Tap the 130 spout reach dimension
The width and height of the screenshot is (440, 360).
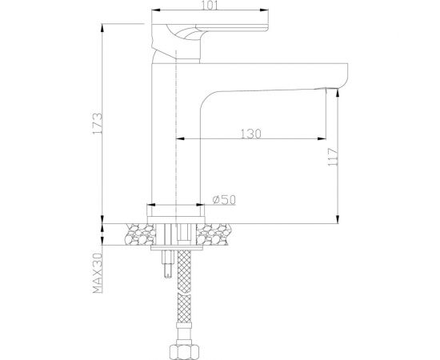coord(250,134)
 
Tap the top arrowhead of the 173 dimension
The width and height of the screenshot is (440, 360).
coord(102,27)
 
